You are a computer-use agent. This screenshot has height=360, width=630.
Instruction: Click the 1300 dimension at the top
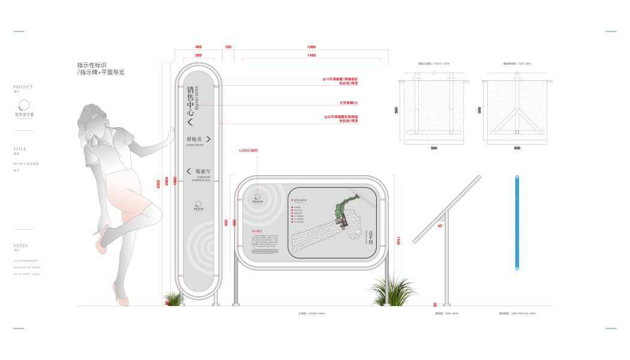311,47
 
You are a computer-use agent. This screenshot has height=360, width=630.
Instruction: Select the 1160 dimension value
311,55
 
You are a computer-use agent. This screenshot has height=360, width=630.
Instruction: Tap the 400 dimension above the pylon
199,47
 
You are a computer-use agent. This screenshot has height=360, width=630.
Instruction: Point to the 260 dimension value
199,55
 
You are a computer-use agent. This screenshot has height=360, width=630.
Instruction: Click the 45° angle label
440,226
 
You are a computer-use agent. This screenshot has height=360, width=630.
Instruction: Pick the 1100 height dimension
398,241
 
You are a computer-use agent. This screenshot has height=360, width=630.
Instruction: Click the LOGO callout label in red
248,151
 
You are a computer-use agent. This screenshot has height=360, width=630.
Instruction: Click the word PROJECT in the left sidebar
23,87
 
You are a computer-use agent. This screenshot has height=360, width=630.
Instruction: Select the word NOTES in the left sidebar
20,245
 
